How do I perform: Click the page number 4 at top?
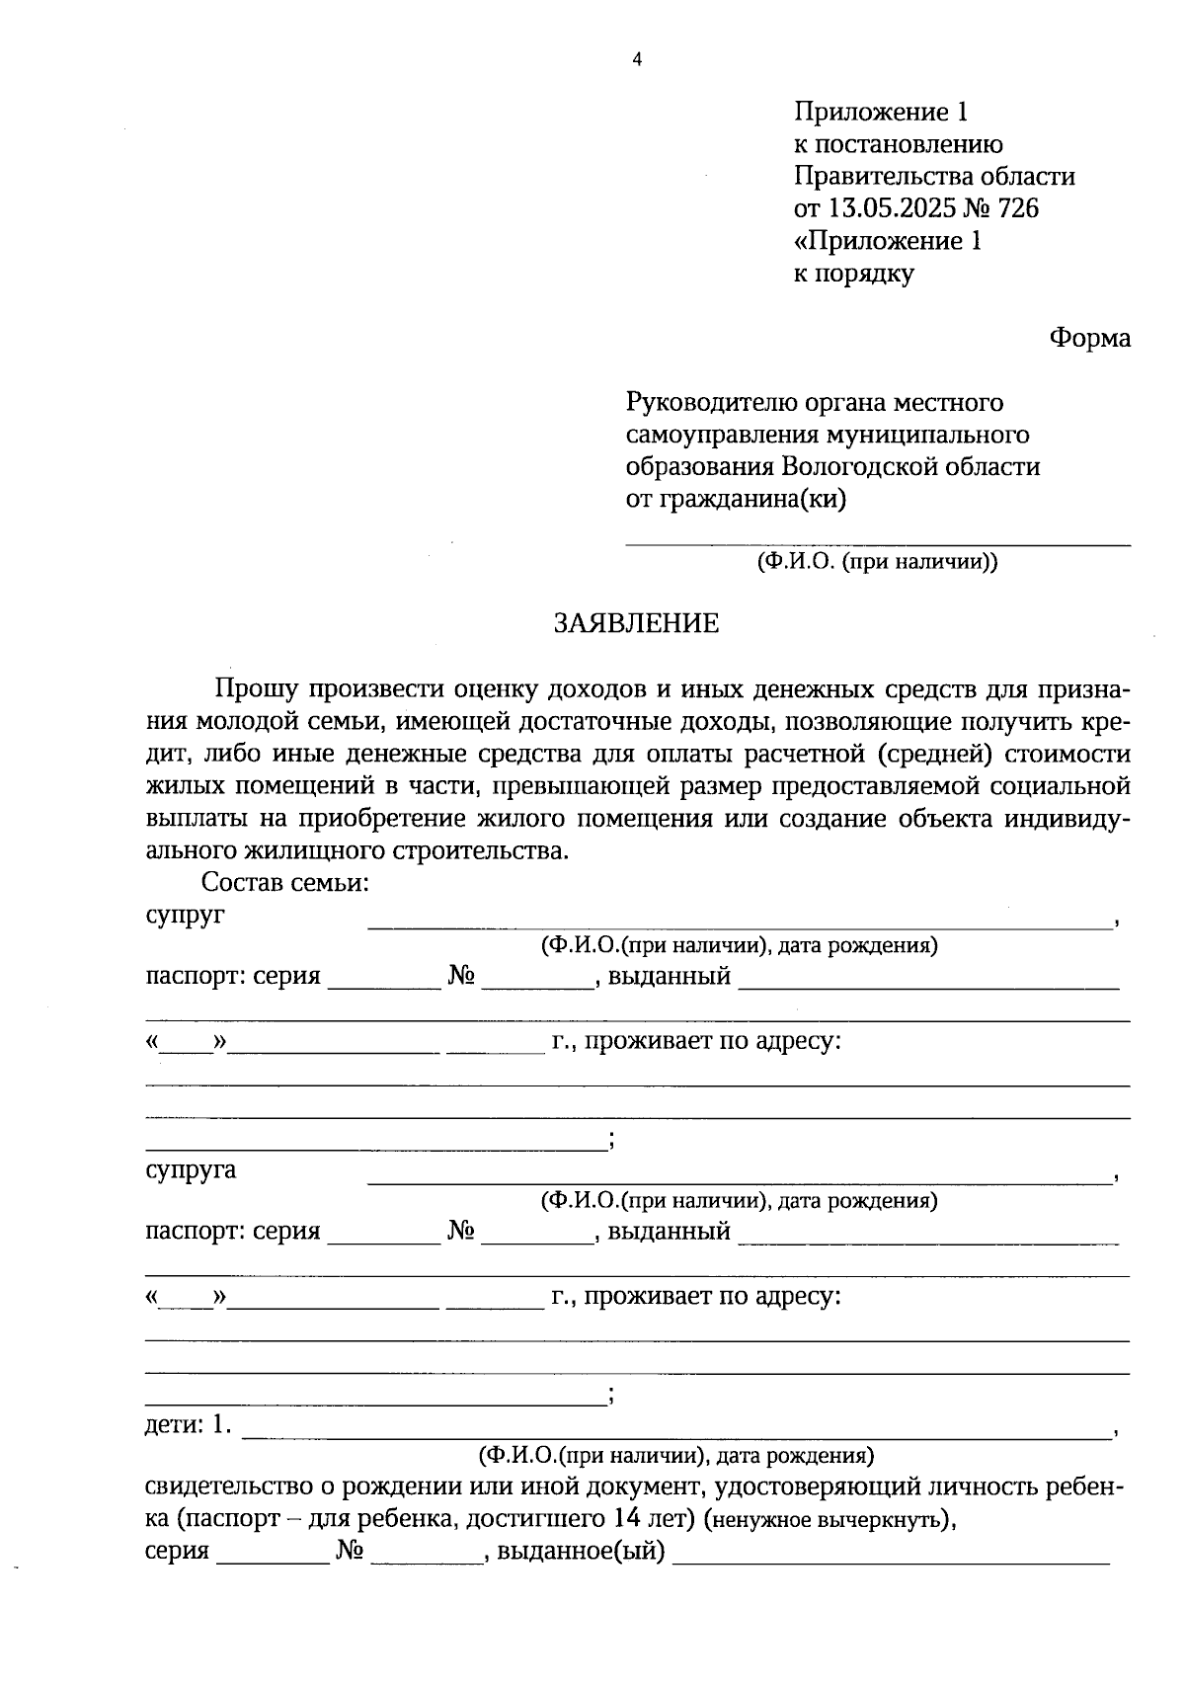(x=636, y=60)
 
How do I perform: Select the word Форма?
(x=1089, y=339)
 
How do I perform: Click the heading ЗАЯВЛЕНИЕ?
(x=636, y=623)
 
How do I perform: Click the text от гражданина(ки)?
(x=737, y=499)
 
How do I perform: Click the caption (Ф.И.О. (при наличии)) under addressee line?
(x=877, y=563)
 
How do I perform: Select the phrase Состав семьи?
(x=285, y=882)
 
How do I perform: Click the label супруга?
(x=191, y=1170)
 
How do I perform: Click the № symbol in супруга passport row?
(x=461, y=1232)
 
